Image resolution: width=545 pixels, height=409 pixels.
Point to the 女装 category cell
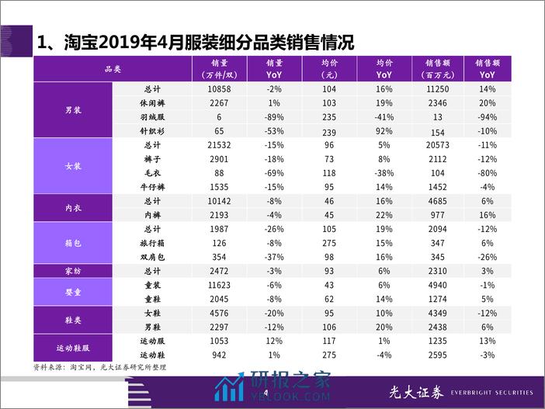[x=74, y=165]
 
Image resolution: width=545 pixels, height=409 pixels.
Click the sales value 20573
[x=438, y=144]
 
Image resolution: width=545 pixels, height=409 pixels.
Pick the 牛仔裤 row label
[x=151, y=187]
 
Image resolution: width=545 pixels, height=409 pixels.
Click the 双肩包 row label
[x=151, y=256]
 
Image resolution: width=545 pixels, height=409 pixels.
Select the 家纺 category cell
[x=74, y=271]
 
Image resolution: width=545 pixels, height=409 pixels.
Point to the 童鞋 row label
[x=151, y=299]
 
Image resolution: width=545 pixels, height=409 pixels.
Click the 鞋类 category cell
[x=74, y=320]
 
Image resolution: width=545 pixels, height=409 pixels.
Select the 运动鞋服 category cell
[x=74, y=348]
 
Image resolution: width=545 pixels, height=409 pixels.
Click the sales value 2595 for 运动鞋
[x=438, y=355]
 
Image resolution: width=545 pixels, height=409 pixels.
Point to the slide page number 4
[x=266, y=393]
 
